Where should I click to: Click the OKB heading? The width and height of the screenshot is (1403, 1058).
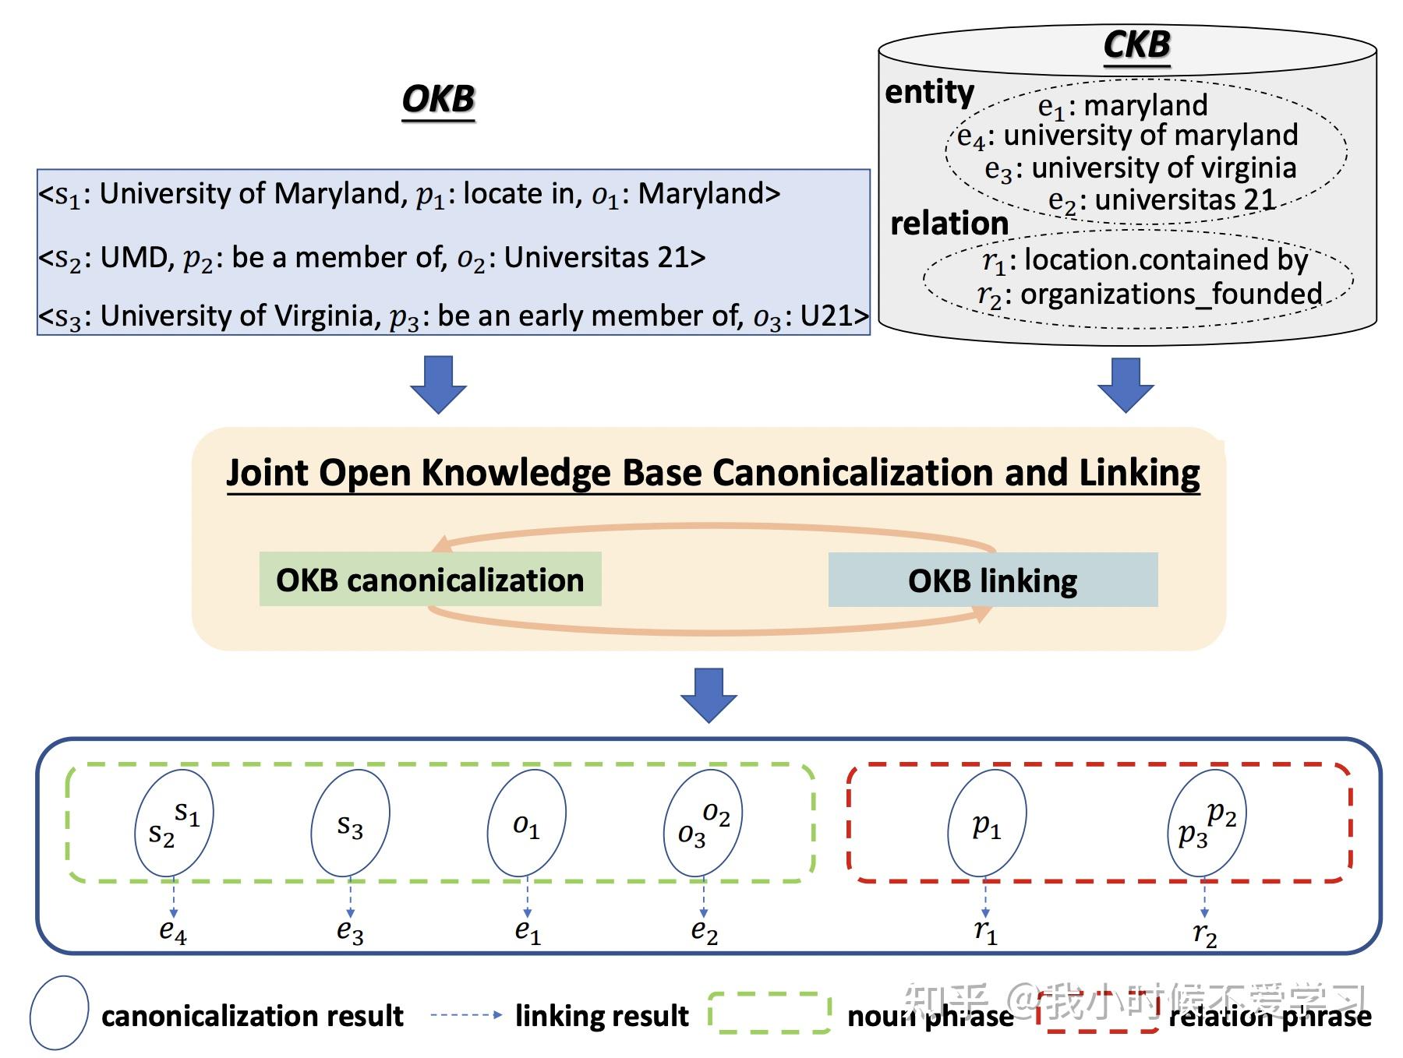(x=438, y=100)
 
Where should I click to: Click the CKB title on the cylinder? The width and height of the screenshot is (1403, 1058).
(x=1136, y=44)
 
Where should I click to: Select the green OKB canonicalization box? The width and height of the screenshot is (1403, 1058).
(x=429, y=580)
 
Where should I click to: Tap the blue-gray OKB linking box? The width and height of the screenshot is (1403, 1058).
(x=992, y=580)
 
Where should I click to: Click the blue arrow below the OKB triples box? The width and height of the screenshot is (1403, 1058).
(x=438, y=384)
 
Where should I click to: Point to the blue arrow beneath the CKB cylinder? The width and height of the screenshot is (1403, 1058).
(x=1125, y=384)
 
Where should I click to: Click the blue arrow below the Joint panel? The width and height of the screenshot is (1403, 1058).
(x=708, y=694)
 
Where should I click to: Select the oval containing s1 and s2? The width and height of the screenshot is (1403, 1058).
(x=173, y=823)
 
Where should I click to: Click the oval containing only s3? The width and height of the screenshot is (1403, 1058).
(x=350, y=823)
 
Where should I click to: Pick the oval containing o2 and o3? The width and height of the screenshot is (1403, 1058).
(x=702, y=823)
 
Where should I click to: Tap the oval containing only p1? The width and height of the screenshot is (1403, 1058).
(x=986, y=823)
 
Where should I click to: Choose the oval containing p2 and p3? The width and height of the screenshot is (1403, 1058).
(x=1206, y=823)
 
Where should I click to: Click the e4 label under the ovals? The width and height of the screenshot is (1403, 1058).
(x=173, y=930)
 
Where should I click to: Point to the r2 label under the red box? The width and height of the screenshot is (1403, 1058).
(x=1204, y=933)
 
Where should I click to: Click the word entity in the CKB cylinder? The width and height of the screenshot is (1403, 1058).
(x=929, y=92)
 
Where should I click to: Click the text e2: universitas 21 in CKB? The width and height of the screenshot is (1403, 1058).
(x=1161, y=201)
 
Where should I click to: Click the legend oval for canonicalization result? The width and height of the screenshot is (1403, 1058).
(x=59, y=1012)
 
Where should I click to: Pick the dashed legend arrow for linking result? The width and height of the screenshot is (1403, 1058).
(x=466, y=1014)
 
